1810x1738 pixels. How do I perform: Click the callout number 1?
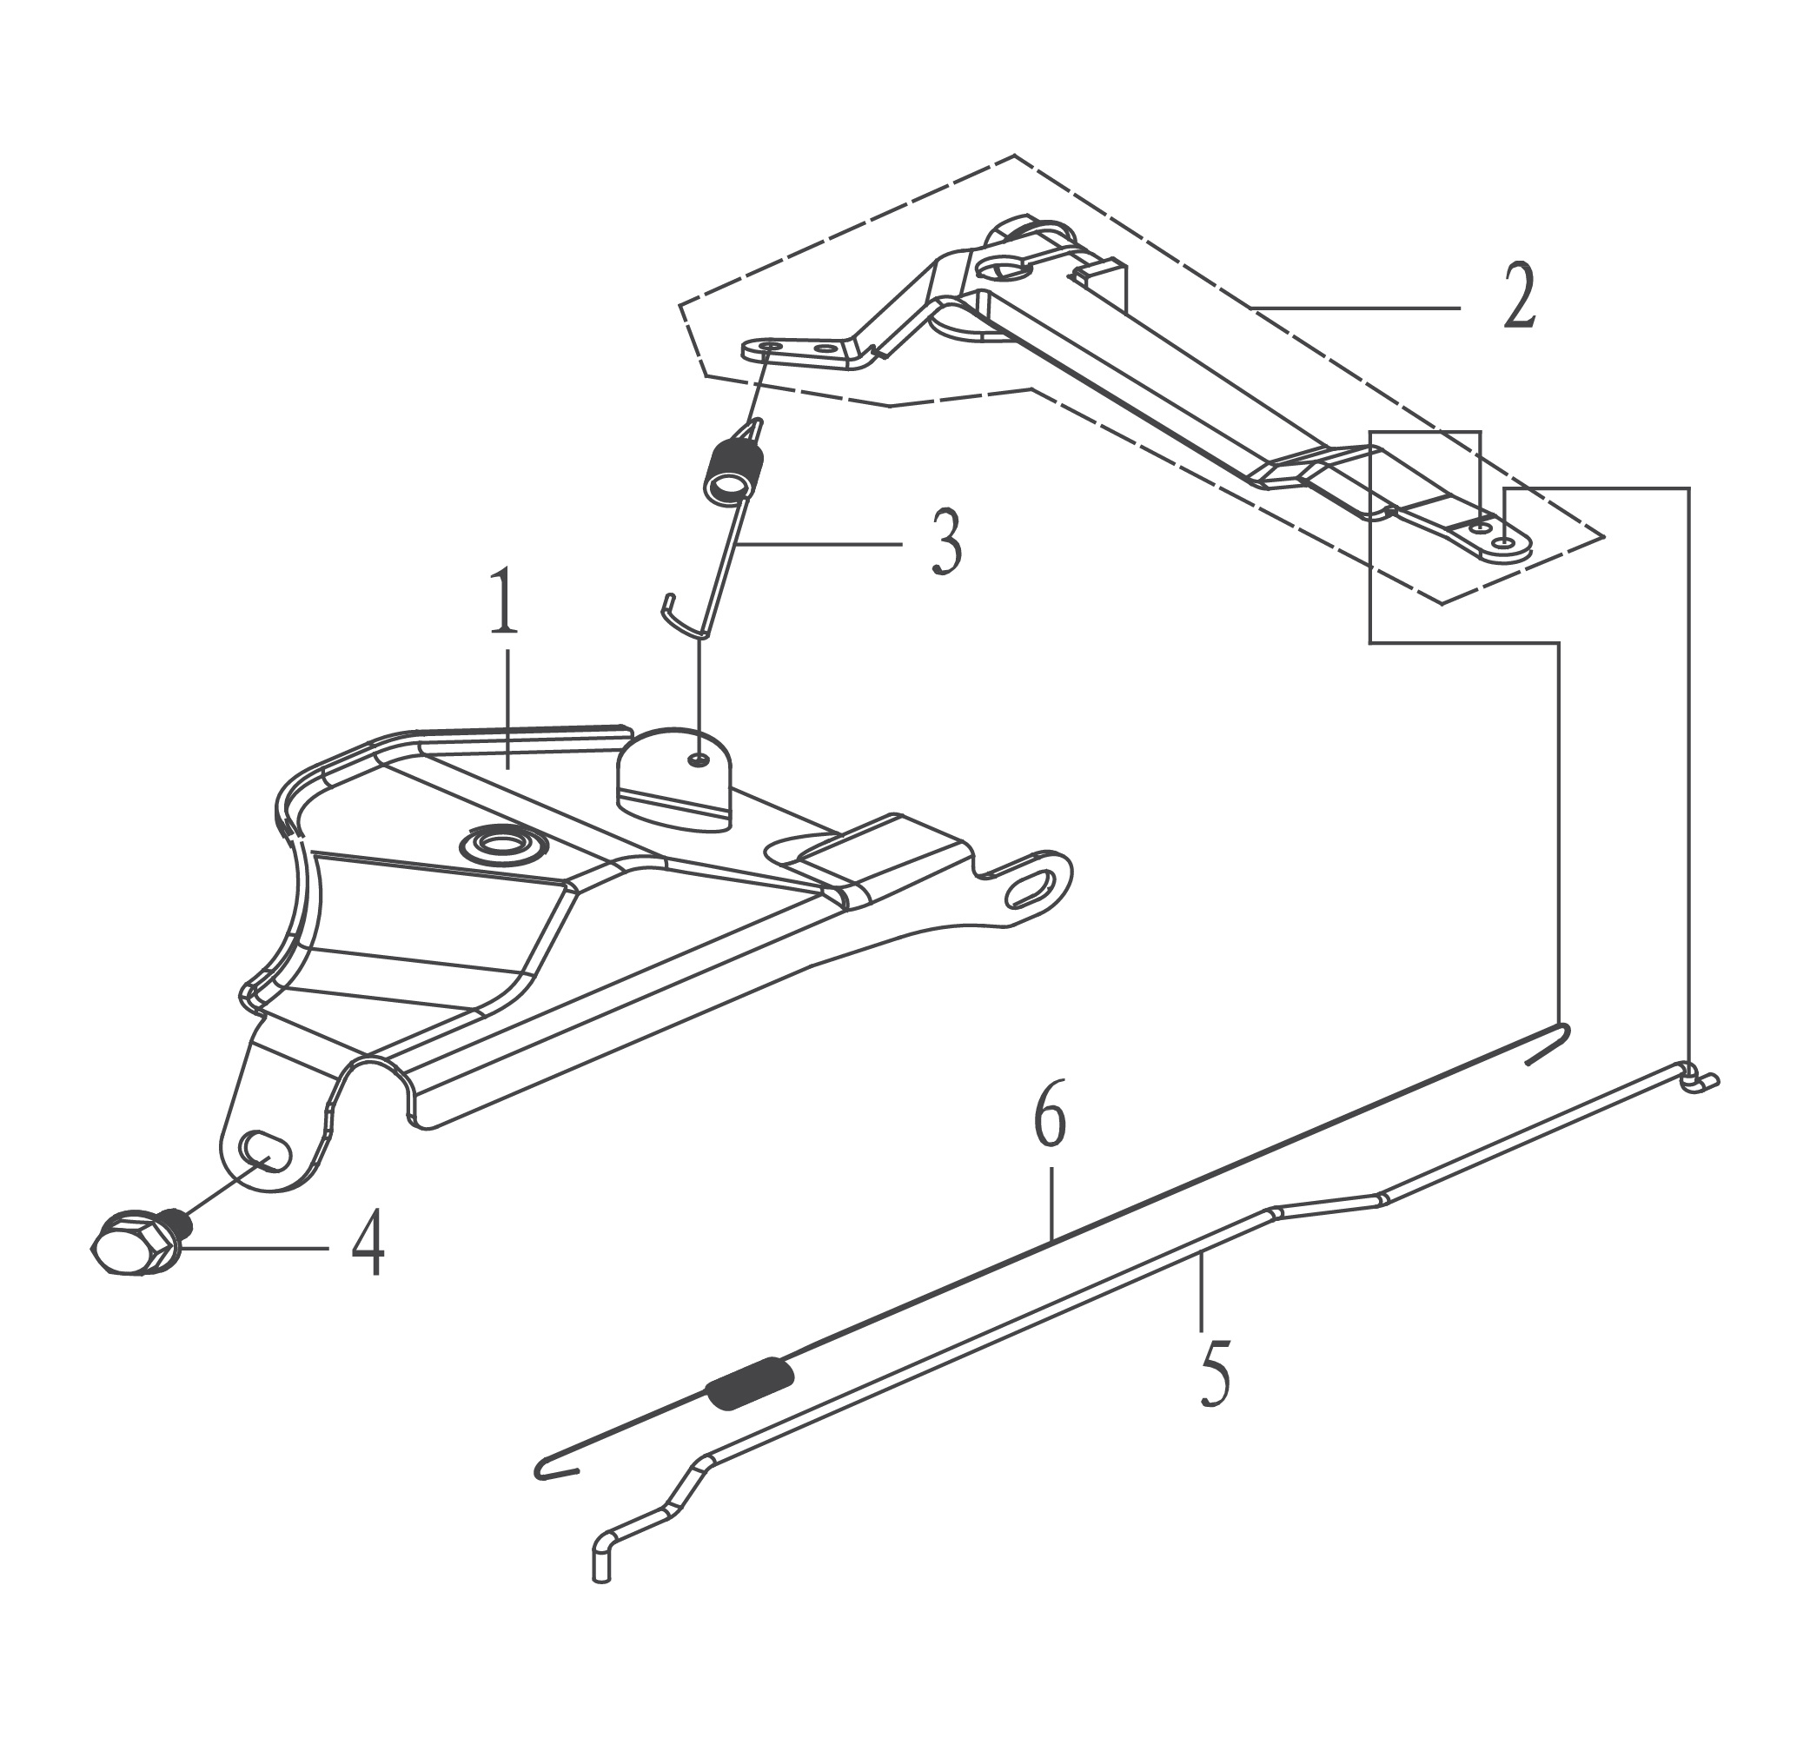pos(503,601)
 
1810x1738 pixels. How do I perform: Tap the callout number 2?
pos(1519,295)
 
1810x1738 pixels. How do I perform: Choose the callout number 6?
pos(1050,1115)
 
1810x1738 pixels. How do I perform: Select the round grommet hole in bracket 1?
pos(503,842)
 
